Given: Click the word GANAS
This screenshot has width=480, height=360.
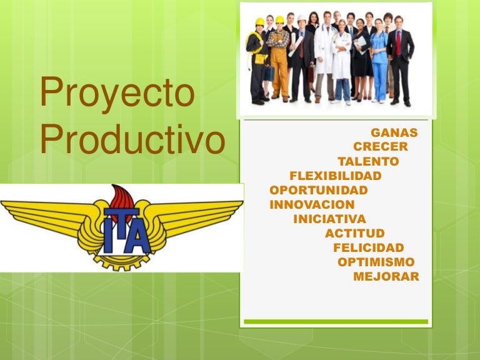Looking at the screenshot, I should [x=394, y=132].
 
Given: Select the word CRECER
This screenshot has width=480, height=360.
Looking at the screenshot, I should [x=380, y=147].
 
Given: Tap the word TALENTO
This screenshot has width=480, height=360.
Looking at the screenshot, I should [x=368, y=161].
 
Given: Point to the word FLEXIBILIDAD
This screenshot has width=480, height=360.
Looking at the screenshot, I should [x=336, y=176].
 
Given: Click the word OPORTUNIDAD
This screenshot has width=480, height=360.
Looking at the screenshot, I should [x=319, y=190].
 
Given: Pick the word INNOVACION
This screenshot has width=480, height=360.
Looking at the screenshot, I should [x=312, y=204].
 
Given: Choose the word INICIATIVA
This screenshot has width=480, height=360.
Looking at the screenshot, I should [x=329, y=219].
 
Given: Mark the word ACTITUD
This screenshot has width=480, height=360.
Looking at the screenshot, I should [x=355, y=234].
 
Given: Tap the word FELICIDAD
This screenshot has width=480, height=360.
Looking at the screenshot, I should [x=369, y=248].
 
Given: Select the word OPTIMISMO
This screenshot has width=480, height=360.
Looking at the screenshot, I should [x=376, y=262].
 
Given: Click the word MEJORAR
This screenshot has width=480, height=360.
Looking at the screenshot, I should [x=386, y=277].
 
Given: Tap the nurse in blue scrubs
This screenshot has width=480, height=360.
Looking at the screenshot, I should [x=379, y=62].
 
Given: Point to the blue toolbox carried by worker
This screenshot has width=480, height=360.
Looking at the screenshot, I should [x=269, y=73].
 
